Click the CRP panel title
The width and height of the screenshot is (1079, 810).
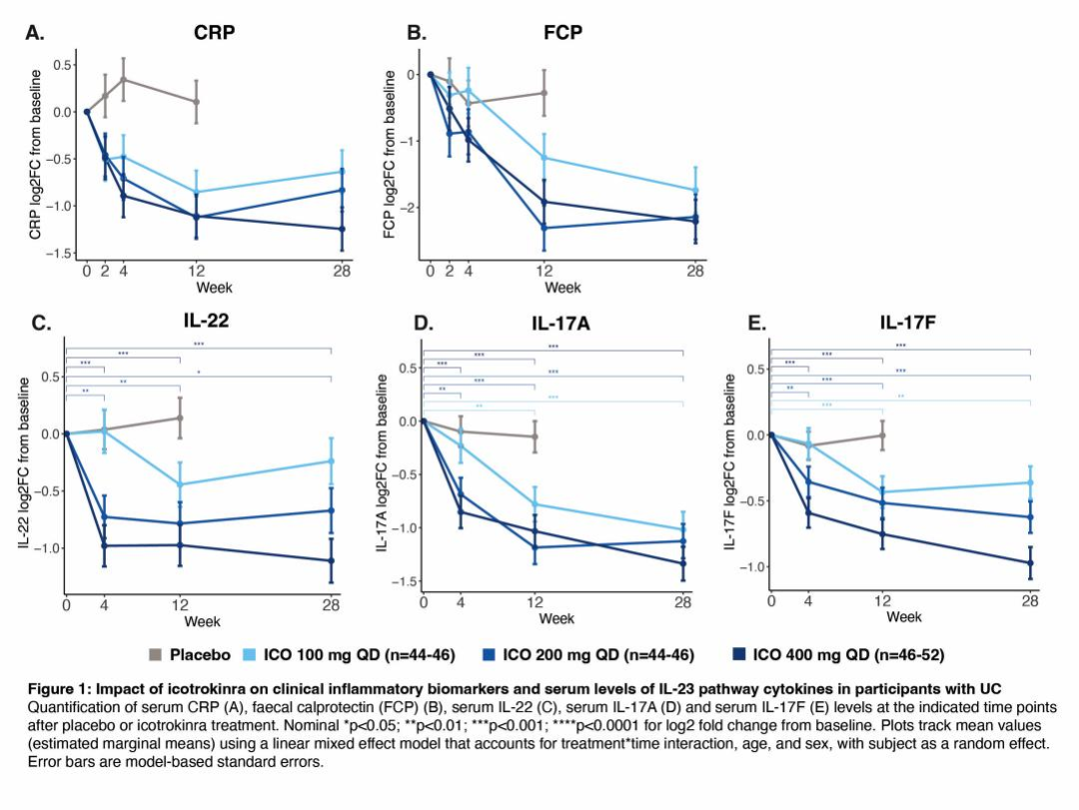click(215, 33)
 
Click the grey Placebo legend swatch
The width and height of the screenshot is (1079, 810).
click(158, 655)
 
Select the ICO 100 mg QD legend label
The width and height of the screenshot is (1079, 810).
click(361, 655)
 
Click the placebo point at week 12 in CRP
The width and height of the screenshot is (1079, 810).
click(196, 102)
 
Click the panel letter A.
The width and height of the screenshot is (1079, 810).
click(35, 33)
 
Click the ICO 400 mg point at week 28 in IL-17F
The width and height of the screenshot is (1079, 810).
click(1029, 563)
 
